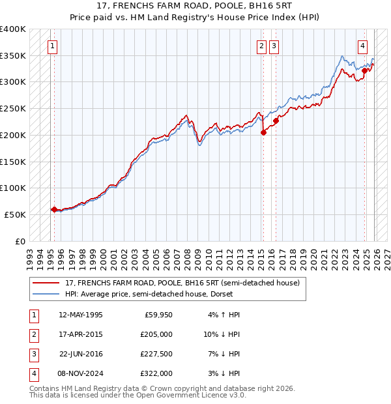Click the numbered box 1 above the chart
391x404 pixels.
[x=52, y=46]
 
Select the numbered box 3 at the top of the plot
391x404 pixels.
[x=274, y=46]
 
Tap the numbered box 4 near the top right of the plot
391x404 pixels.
[x=362, y=46]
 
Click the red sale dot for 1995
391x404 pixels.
[x=54, y=209]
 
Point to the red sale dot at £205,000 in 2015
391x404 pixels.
[x=263, y=132]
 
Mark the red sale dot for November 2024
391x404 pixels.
[x=365, y=70]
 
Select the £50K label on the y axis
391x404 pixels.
[x=15, y=214]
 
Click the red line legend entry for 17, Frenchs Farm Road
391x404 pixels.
[x=182, y=283]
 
